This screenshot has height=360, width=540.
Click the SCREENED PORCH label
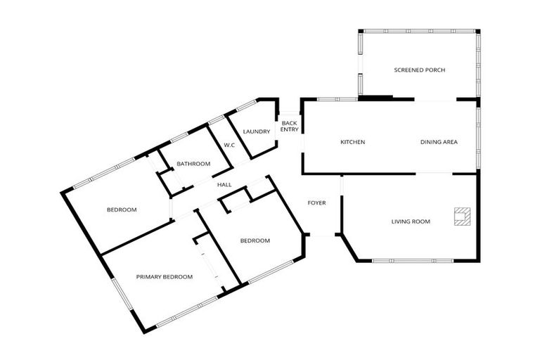[x=420, y=70]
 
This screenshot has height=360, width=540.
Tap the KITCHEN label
[x=353, y=142]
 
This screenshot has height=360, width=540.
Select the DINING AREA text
[x=439, y=142]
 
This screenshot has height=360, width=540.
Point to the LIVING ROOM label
[x=411, y=221]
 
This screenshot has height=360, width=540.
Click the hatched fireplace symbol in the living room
[x=462, y=217]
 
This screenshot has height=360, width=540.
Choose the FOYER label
[x=316, y=203]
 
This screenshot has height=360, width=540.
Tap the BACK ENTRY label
[x=289, y=126]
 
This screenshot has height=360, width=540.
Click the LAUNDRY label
[x=256, y=131]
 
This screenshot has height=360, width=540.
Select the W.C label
[x=229, y=146]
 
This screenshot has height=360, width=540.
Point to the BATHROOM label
[x=193, y=164]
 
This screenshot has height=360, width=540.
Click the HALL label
[x=224, y=185]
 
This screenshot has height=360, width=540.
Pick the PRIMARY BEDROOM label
[x=165, y=276]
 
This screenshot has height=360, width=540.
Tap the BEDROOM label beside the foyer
[x=255, y=240]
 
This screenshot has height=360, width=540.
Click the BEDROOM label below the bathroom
[x=122, y=210]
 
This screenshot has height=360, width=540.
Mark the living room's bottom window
[x=413, y=261]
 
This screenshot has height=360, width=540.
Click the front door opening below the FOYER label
[x=322, y=235]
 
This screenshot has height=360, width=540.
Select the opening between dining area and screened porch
[x=435, y=100]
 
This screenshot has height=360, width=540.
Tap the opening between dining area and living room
[x=434, y=173]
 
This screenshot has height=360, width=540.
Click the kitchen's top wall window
[x=337, y=99]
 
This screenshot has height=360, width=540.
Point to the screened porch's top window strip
[x=420, y=31]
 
